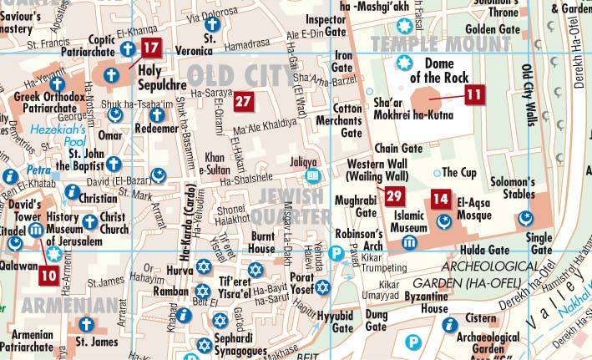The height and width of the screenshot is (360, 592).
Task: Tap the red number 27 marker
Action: point(243,102)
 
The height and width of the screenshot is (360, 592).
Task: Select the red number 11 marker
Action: point(473,94)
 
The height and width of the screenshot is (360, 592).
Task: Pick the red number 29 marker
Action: point(395,197)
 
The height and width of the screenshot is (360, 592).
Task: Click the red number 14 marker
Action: point(440,200)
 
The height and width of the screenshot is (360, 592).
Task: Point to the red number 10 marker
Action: point(48,274)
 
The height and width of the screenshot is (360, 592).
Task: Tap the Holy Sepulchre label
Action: point(162,76)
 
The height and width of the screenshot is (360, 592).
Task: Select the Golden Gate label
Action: point(499,29)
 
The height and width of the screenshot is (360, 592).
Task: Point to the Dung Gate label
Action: point(377,320)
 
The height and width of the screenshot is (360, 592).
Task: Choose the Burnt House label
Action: point(262,243)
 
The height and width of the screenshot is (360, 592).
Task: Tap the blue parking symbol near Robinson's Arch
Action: point(337,253)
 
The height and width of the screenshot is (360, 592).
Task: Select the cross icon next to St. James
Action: point(85,324)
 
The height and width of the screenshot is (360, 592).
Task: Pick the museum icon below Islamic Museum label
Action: point(409,242)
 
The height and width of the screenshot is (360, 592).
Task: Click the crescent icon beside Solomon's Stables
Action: point(525,218)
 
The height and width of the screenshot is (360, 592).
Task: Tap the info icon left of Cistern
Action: point(451,324)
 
